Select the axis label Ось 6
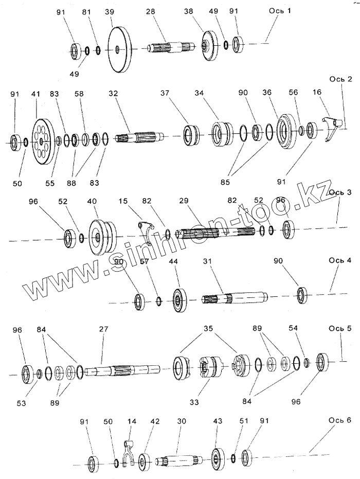tap(340, 420)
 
